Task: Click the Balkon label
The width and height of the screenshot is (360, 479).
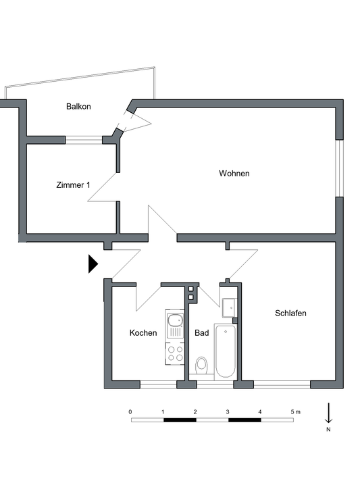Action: (x=78, y=107)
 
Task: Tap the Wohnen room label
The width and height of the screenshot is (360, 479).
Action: (x=234, y=174)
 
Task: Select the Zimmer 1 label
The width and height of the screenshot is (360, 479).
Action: (x=73, y=185)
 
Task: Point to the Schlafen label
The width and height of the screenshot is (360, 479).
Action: (x=290, y=313)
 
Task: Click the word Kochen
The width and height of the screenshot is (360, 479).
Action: (x=143, y=332)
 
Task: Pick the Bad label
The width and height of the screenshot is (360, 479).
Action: (x=202, y=332)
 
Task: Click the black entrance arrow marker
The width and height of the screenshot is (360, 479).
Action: (x=93, y=263)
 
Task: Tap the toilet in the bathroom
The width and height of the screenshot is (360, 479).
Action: (x=201, y=365)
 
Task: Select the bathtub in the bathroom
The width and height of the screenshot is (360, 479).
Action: (x=226, y=351)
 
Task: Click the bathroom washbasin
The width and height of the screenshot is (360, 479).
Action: (x=229, y=308)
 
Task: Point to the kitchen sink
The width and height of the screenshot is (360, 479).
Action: (x=175, y=326)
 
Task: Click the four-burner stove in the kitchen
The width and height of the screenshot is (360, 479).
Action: (x=175, y=353)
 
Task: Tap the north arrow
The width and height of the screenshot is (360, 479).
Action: (x=328, y=413)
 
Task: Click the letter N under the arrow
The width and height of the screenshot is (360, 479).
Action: (x=328, y=429)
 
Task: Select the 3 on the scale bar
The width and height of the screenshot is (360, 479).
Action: (x=228, y=412)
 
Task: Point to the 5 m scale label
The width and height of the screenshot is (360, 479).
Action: (x=295, y=412)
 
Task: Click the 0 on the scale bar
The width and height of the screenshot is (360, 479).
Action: (x=130, y=412)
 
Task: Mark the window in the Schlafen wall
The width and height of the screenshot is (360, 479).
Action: (x=282, y=384)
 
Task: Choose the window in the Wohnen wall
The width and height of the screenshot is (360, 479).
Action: (x=339, y=168)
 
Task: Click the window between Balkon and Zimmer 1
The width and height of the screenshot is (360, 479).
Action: (x=84, y=141)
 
